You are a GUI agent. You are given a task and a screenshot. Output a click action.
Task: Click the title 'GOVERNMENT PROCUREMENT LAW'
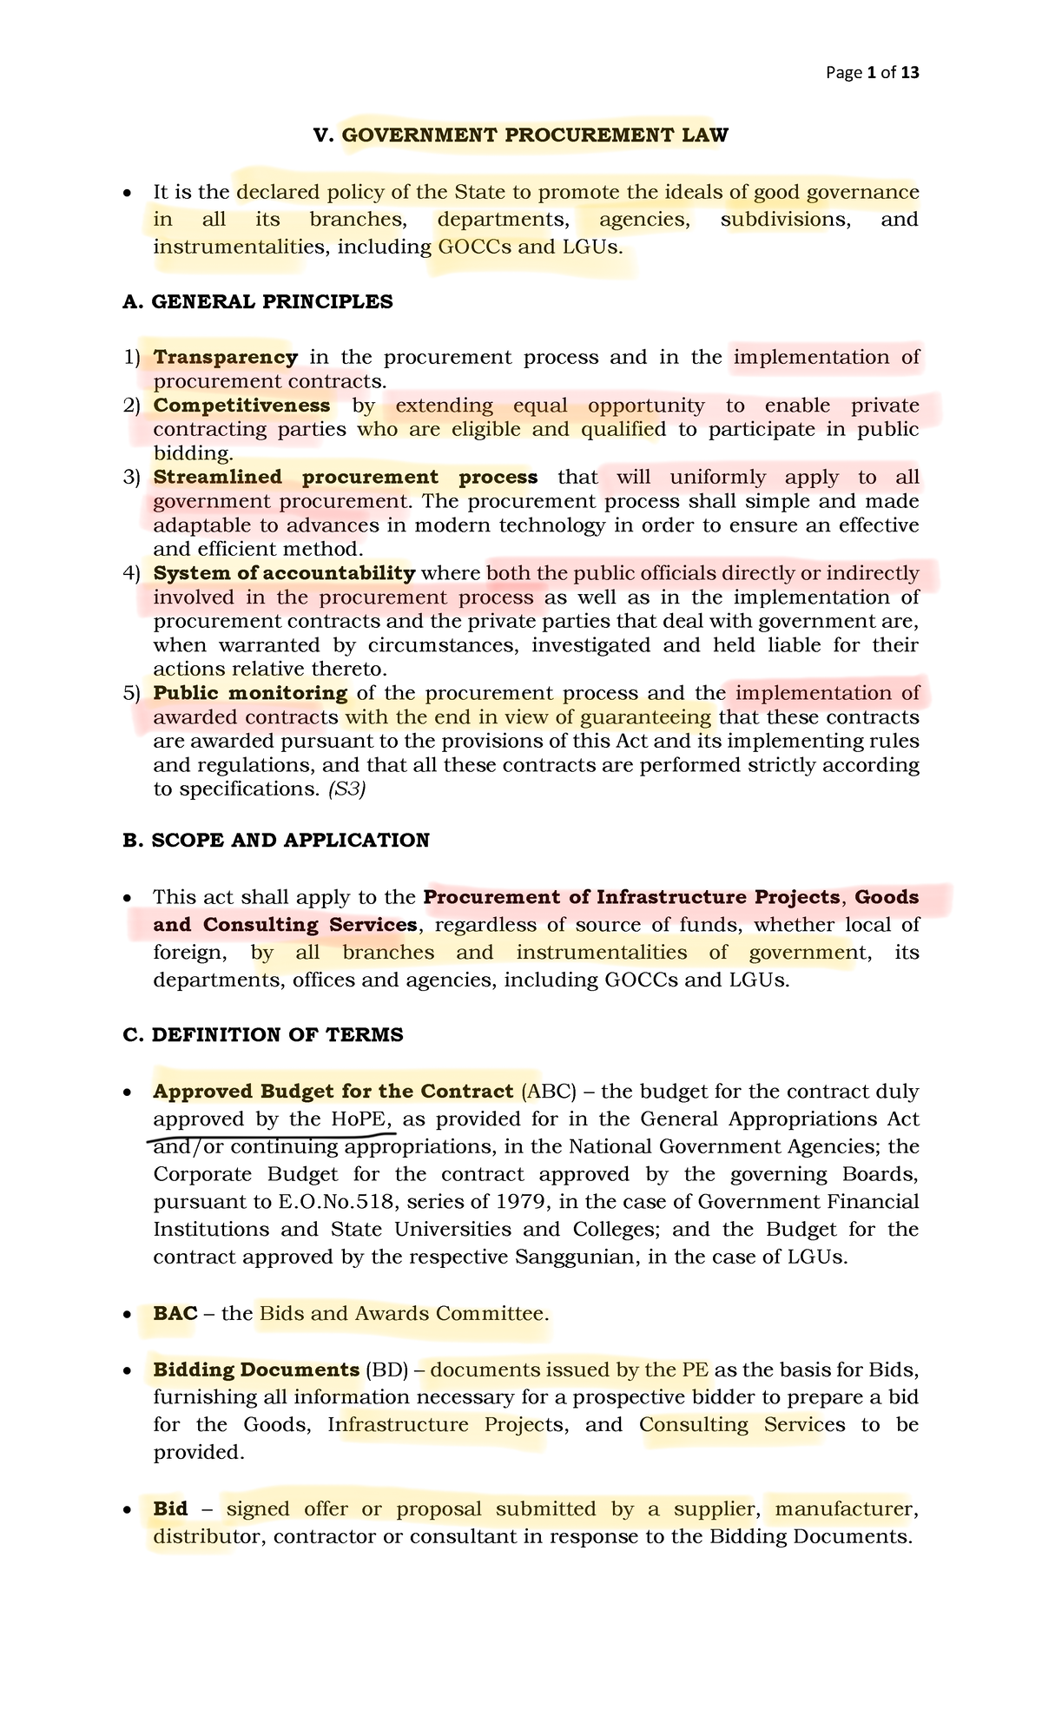(535, 135)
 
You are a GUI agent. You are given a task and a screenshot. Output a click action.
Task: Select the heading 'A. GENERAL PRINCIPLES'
(258, 302)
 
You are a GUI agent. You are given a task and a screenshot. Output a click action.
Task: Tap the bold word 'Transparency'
(226, 357)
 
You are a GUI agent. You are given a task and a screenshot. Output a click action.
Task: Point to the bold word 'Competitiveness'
(241, 406)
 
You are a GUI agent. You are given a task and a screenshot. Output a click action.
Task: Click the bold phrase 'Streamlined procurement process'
(345, 477)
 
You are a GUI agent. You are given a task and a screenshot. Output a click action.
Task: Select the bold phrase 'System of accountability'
(284, 573)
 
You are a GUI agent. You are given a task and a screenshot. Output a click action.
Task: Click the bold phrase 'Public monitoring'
(250, 693)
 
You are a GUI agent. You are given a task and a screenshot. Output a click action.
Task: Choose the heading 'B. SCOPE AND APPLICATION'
(276, 841)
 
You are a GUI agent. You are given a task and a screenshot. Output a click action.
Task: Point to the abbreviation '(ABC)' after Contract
(547, 1092)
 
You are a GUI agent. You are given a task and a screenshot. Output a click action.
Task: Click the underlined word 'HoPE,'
(362, 1119)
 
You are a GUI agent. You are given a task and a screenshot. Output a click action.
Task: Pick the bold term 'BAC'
(175, 1313)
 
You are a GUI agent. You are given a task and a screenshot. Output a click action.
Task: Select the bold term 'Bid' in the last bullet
(170, 1509)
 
